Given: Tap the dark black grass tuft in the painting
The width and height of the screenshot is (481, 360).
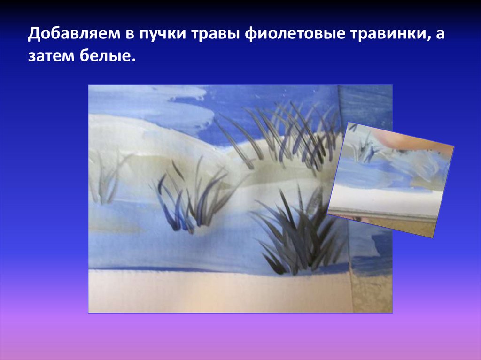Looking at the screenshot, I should (x=296, y=239).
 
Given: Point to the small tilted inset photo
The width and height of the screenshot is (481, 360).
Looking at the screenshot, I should (x=391, y=178).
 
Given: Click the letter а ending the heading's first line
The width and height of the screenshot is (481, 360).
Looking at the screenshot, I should (x=439, y=35).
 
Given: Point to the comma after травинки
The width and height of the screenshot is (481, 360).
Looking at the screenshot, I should (x=429, y=40).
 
